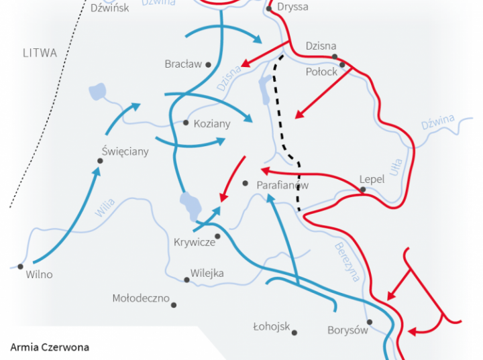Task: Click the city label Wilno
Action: (x=39, y=275)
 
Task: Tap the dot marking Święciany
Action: (x=100, y=161)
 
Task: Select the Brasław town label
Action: (x=183, y=64)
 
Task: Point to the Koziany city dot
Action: (x=186, y=123)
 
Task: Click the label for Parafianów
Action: (x=282, y=184)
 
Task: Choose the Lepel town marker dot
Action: (x=363, y=190)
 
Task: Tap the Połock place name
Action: (x=321, y=72)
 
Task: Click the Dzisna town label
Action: (x=320, y=46)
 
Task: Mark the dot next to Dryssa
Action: (x=268, y=9)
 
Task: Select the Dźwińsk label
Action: (x=109, y=8)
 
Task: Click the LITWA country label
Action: (x=40, y=53)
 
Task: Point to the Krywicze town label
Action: (x=194, y=242)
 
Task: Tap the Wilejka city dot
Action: (x=186, y=280)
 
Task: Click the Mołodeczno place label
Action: (x=141, y=298)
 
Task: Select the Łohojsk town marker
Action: (x=294, y=333)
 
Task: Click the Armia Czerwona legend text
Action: (x=50, y=347)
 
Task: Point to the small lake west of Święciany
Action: (x=96, y=91)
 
